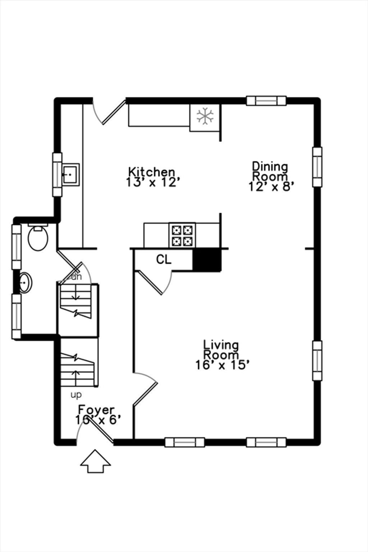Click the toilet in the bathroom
tap(38, 237)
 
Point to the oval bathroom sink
tap(26, 282)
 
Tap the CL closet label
tap(164, 259)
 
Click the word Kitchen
tap(152, 172)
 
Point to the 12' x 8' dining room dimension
tap(271, 186)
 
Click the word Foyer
tap(96, 410)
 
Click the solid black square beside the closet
tap(207, 260)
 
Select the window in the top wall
tap(266, 101)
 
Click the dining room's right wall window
tap(317, 167)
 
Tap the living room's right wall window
tap(317, 361)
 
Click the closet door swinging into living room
tap(155, 282)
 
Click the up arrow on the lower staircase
tap(76, 377)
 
